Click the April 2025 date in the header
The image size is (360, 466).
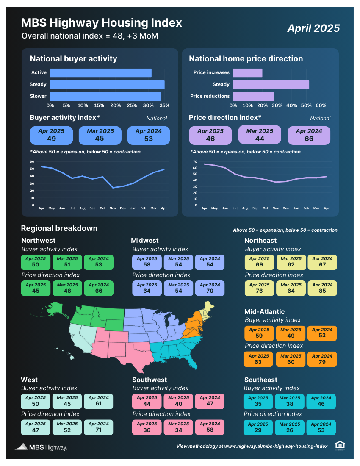tap(313, 28)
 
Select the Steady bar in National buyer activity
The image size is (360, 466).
tap(107, 85)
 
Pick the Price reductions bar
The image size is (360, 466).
tap(253, 96)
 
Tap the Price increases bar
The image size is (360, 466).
tap(247, 73)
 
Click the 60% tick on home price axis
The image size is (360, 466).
tap(321, 105)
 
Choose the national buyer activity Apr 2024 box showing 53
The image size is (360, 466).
tap(148, 135)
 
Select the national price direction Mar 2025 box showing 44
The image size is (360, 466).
tap(260, 136)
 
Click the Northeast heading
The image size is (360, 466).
tap(260, 241)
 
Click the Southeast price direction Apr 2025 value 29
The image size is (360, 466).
tap(258, 430)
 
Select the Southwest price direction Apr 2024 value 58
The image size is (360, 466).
tap(210, 430)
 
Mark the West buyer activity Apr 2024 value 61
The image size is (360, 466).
tap(99, 404)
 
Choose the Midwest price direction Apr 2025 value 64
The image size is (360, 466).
tap(147, 291)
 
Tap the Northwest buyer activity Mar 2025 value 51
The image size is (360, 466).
tap(67, 265)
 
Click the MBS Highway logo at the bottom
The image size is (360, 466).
tap(41, 447)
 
